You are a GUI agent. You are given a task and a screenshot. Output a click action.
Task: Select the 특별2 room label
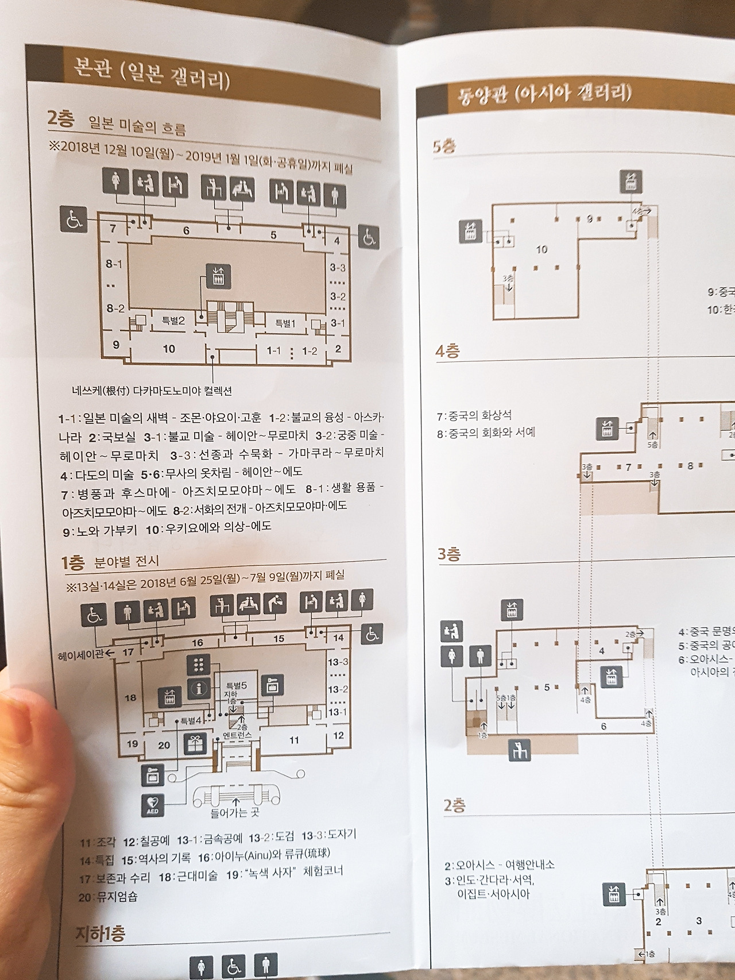(173, 321)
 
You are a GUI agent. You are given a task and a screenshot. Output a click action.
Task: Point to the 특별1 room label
(285, 323)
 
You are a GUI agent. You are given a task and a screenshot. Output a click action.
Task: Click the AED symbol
(153, 805)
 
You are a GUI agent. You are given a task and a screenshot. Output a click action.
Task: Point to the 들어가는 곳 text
(235, 813)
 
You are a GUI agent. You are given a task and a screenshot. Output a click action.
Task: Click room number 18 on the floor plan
(130, 697)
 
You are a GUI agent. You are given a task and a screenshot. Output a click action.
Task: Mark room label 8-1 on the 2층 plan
(114, 264)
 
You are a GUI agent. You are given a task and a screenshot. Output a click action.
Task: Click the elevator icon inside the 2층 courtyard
(222, 275)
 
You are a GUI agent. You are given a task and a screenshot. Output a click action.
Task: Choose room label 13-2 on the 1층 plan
(338, 689)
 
